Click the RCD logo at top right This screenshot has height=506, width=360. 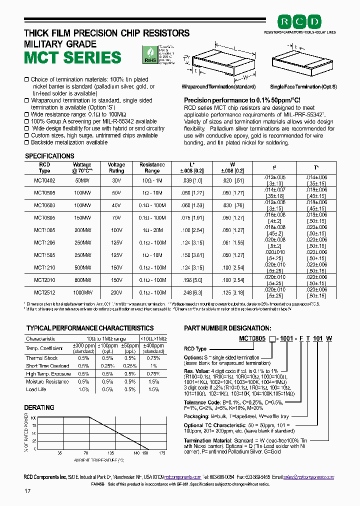coord(299,21)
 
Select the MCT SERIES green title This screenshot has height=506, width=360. coord(73,57)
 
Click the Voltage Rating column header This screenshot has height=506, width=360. coord(116,167)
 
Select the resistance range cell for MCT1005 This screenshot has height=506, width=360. coord(152,229)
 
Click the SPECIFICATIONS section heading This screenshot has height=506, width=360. coord(49,156)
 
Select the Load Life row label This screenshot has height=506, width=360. coord(36,389)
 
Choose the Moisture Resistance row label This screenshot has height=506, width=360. coord(47,381)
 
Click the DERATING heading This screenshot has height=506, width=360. coord(39,407)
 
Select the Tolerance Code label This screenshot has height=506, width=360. coord(202,402)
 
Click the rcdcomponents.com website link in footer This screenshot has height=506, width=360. coord(182,477)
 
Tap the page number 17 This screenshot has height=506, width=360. coord(27,491)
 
